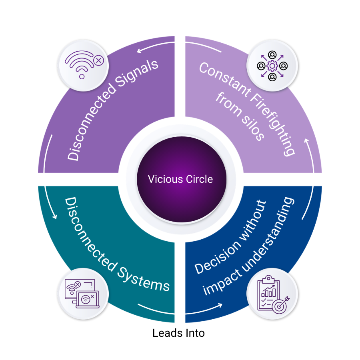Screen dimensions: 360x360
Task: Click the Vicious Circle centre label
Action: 180,179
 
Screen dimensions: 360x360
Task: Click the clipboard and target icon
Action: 272,294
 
